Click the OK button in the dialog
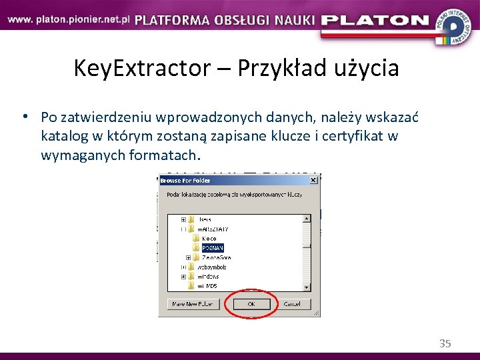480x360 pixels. coord(251,304)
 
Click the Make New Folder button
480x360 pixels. coord(193,304)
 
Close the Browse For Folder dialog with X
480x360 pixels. coord(313,180)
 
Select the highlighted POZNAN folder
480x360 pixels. coord(213,247)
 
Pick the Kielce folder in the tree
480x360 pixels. coord(209,238)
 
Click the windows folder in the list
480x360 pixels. coord(208,276)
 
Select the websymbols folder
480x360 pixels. coord(212,266)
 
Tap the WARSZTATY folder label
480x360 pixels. coord(213,229)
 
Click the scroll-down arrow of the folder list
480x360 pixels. coord(307,287)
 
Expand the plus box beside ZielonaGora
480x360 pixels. coord(189,257)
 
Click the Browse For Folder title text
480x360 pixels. coord(185,180)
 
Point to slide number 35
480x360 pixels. coord(445,343)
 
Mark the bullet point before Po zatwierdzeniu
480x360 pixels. coord(24,117)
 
